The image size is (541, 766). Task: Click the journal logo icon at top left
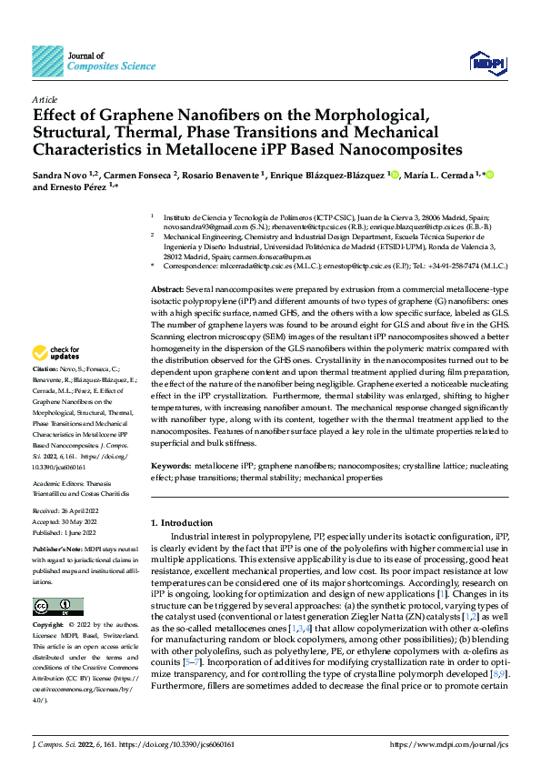[47, 61]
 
